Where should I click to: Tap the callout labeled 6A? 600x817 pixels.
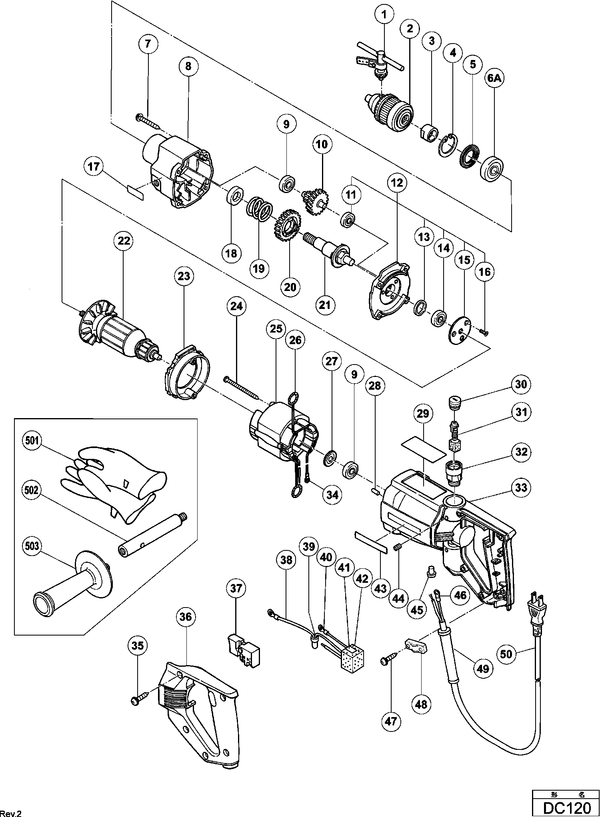494,79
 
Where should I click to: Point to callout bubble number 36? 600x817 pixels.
185,616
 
